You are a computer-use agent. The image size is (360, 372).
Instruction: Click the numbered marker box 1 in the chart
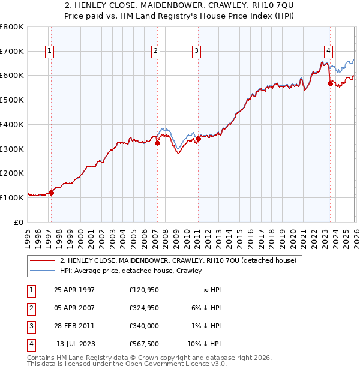point(49,52)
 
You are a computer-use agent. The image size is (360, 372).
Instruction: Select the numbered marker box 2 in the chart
point(155,52)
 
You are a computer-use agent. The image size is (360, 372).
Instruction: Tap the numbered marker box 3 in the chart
point(196,52)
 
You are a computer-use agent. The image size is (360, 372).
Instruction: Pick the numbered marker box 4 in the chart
point(329,52)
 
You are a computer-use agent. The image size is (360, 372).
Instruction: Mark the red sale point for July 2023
point(330,83)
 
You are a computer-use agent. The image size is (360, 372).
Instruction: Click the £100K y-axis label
point(12,197)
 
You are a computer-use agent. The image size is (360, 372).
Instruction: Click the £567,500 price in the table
point(144,344)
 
